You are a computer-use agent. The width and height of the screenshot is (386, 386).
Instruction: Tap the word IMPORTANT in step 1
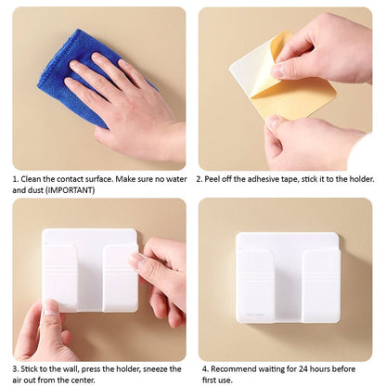tap(70, 190)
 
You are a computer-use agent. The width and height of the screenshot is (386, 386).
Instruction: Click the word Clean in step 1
tap(31, 179)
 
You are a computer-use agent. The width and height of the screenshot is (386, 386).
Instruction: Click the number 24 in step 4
tap(302, 369)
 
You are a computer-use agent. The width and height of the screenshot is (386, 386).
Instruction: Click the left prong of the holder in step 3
tap(60, 277)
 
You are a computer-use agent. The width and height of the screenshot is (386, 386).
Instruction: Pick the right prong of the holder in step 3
tap(120, 277)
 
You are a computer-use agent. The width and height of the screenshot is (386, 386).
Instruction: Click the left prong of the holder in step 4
tap(254, 286)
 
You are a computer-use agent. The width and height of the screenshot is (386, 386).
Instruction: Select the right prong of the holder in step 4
tap(321, 286)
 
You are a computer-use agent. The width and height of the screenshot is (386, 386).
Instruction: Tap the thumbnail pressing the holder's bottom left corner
tap(50, 307)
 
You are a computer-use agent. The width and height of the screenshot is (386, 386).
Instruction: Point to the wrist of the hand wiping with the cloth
tap(172, 142)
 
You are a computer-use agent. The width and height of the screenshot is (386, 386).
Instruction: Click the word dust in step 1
tap(36, 190)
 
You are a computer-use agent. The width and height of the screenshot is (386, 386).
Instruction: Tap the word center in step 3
tap(83, 380)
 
